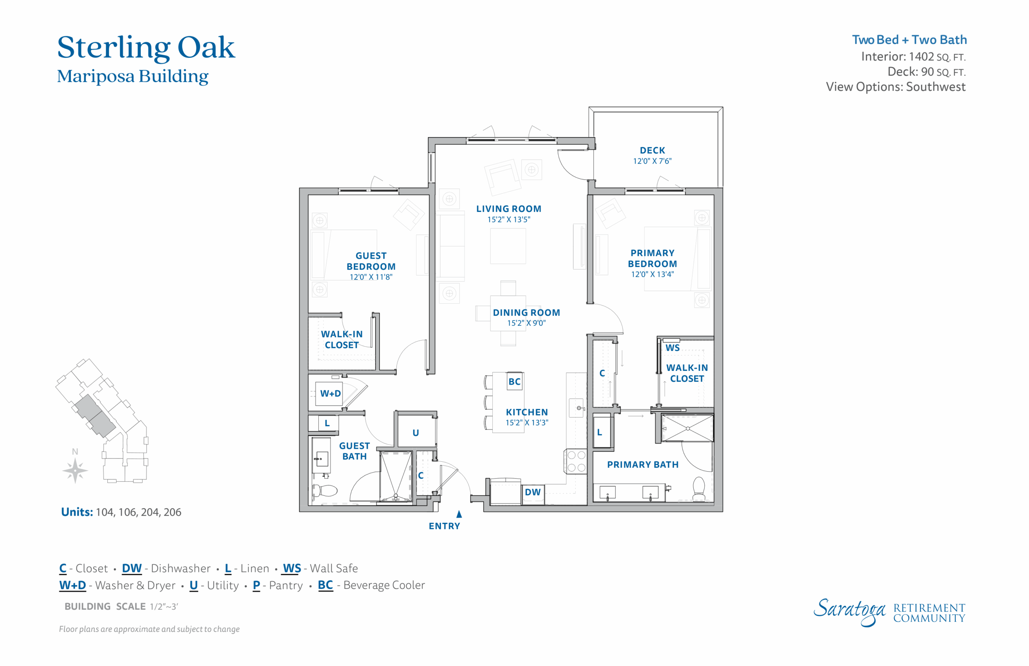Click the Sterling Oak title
(x=146, y=47)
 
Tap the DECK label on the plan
(x=652, y=150)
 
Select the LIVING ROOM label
(x=508, y=209)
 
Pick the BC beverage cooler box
(x=514, y=381)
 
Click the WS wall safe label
(x=672, y=348)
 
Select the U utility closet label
(x=416, y=433)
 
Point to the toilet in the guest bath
(x=324, y=491)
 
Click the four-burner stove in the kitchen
(x=575, y=461)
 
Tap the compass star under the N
(x=75, y=471)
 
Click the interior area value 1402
(x=921, y=57)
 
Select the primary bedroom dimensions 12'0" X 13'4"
(x=652, y=274)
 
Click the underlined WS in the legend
(x=292, y=568)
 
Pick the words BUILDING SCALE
(x=105, y=606)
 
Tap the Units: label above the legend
(x=77, y=512)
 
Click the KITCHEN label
(x=527, y=412)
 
